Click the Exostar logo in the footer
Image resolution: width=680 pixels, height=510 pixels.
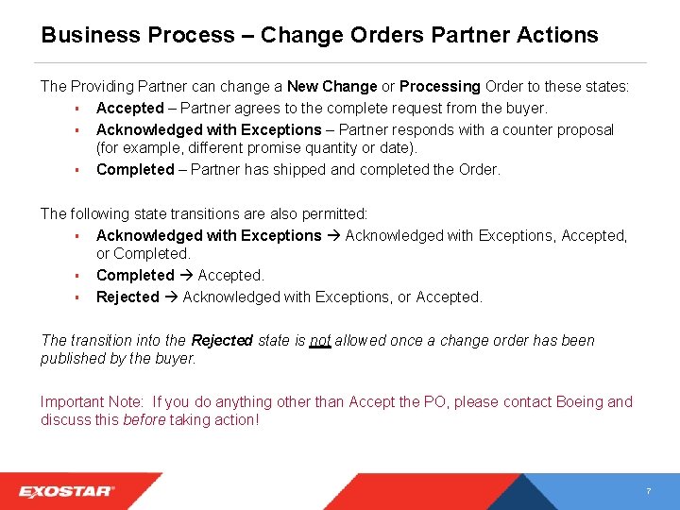coord(67,491)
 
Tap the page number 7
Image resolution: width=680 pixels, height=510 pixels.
coord(648,492)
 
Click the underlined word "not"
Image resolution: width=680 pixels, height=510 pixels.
coord(320,340)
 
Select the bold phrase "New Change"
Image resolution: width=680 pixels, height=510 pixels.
coord(332,86)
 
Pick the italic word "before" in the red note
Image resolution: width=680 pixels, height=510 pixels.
coord(144,419)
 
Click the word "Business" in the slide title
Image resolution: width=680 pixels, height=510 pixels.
coord(91,35)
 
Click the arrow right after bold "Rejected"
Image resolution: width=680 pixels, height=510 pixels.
coord(171,297)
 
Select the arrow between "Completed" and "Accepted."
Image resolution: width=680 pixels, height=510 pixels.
coord(186,276)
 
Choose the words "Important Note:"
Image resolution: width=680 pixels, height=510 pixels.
coord(92,401)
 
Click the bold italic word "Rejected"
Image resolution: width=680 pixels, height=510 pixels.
coord(222,340)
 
